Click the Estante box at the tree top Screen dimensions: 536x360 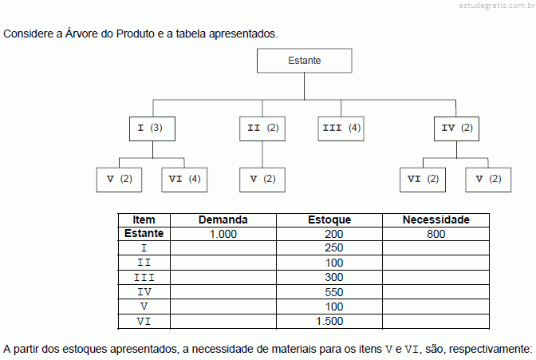pos(304,61)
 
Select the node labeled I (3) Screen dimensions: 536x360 pos(152,129)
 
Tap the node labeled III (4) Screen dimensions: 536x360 pos(341,129)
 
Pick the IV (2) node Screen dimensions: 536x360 pos(456,129)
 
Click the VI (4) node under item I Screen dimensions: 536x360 pos(184,180)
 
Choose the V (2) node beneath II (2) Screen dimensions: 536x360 pos(262,180)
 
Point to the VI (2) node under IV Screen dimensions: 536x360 pos(423,180)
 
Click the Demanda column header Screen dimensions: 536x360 pos(223,220)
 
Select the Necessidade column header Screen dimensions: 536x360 pos(436,220)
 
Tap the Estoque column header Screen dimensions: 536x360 pos(329,220)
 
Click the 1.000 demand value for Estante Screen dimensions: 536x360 pos(223,234)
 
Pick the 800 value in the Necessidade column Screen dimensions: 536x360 pos(436,234)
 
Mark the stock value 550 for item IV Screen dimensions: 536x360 pos(333,292)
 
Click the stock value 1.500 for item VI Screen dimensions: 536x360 pos(329,321)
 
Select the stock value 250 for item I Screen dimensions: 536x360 pos(333,247)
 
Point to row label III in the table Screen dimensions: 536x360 pos(144,278)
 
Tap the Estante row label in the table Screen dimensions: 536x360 pos(144,233)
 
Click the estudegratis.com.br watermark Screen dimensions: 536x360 pos(497,6)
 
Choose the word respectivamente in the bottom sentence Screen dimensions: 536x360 pos(491,349)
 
